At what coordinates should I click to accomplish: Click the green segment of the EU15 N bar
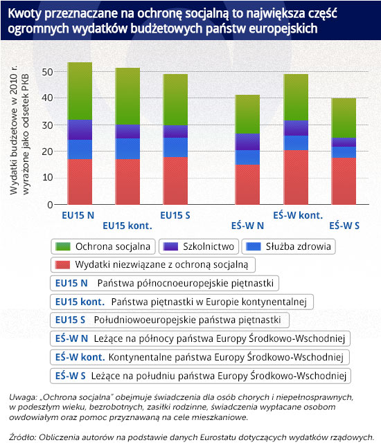pos(80,91)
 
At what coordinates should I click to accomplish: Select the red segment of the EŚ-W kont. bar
pos(296,177)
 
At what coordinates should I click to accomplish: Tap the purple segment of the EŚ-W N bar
pos(247,142)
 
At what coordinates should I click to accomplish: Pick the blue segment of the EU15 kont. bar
pos(127,149)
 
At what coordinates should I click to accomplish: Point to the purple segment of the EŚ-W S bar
pos(344,143)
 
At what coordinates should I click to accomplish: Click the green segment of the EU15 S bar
pos(175,100)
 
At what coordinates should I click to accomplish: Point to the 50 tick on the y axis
pos(47,72)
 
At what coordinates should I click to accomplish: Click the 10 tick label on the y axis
pos(47,178)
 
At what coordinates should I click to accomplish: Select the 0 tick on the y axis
pos(51,205)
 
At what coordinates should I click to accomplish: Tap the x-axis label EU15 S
pos(175,215)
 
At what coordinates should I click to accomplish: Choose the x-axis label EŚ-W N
pos(247,226)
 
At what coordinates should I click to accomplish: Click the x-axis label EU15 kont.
pos(127,226)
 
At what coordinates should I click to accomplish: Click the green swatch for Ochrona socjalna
pos(63,246)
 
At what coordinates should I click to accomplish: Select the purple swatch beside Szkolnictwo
pos(170,246)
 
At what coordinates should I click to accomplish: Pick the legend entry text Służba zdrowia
pos(299,246)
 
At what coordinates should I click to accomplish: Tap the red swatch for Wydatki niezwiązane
pos(62,264)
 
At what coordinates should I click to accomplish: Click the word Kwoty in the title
pos(25,14)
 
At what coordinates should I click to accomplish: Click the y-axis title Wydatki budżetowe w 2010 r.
pos(14,130)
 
